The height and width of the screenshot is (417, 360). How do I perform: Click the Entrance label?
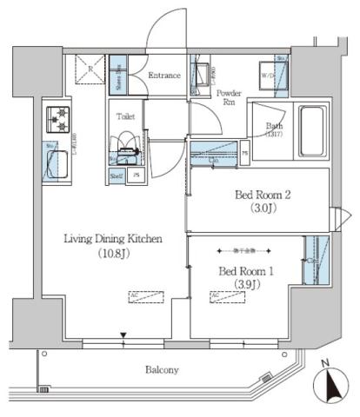(163, 76)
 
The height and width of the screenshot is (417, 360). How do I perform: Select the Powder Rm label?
(229, 97)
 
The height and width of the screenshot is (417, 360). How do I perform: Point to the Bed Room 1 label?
(246, 271)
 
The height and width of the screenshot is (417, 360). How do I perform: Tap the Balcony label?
(161, 370)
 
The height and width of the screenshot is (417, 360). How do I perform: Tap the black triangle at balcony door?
(124, 336)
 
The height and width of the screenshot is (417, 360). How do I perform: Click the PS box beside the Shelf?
(137, 175)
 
